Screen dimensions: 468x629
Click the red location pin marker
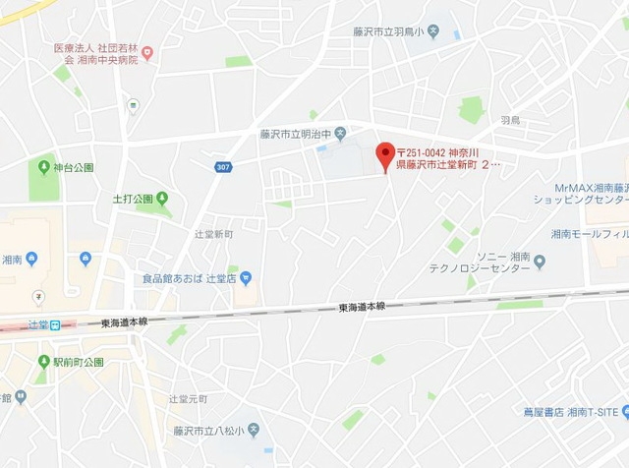point(385,156)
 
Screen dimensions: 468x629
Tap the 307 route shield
point(223,167)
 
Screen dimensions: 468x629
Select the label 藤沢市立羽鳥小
point(389,31)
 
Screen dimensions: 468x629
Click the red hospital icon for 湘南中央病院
point(147,53)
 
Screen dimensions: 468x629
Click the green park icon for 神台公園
point(43,167)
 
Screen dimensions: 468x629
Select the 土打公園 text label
point(133,200)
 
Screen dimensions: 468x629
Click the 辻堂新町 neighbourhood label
point(214,234)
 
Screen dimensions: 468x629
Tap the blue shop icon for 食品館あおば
point(246,278)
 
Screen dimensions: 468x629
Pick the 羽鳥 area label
point(509,120)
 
